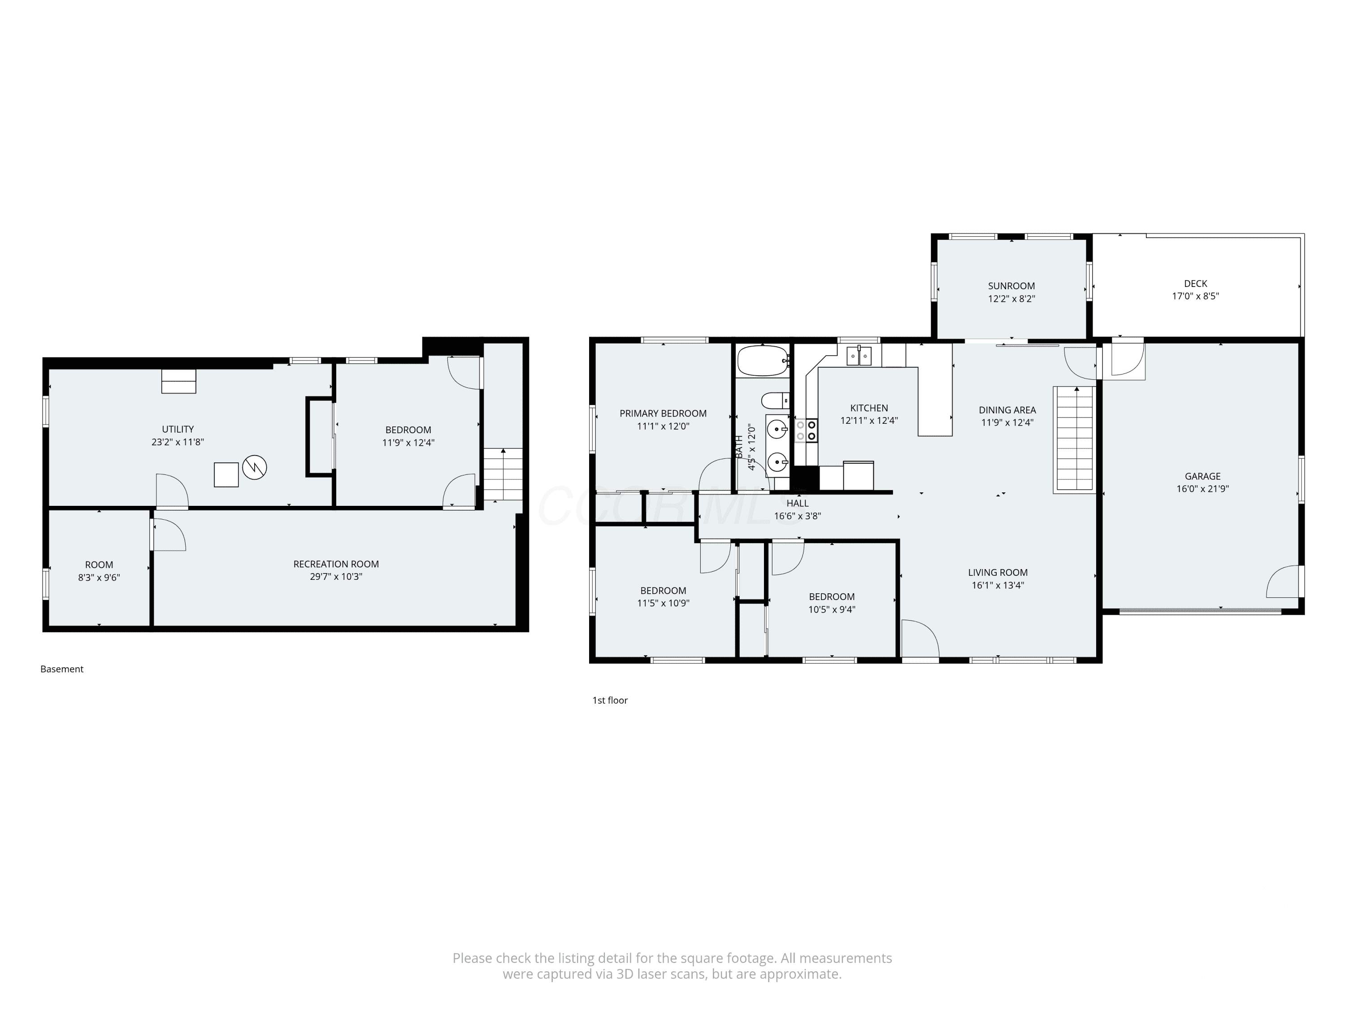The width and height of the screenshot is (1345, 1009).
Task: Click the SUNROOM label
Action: [1011, 286]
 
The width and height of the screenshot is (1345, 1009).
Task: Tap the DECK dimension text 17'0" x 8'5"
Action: [1195, 296]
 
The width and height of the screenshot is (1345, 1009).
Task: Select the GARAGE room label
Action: [1202, 476]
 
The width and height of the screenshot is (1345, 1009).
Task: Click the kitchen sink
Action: [859, 355]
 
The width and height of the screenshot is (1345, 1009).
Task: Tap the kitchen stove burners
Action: [806, 430]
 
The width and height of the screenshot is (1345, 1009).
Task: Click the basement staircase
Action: [503, 474]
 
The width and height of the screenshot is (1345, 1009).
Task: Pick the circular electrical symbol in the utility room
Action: [254, 467]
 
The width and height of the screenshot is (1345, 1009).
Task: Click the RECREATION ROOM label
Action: [336, 564]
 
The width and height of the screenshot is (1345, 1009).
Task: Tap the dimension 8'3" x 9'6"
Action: [99, 578]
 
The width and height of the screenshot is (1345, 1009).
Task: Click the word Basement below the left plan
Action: [61, 669]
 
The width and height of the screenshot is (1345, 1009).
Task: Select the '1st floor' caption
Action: [610, 700]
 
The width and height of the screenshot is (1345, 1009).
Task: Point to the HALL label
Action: [797, 503]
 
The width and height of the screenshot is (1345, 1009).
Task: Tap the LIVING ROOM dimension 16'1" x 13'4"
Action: [998, 585]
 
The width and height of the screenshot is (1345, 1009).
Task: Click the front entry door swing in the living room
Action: [920, 639]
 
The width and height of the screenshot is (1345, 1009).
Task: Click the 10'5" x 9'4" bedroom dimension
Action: [831, 609]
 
